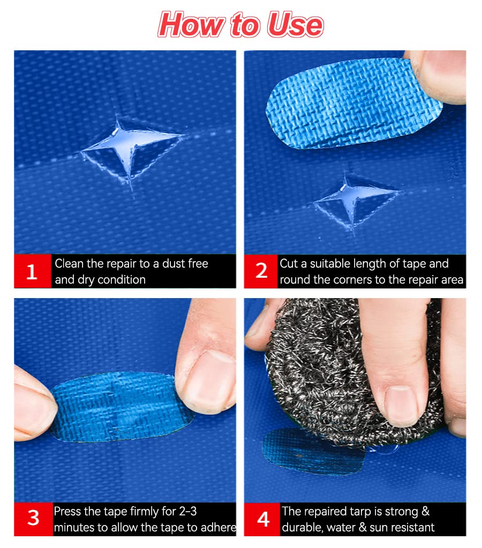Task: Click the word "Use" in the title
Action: pyautogui.click(x=295, y=25)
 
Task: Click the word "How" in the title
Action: pyautogui.click(x=191, y=24)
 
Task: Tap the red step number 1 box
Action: pyautogui.click(x=32, y=271)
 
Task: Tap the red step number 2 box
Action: pyautogui.click(x=261, y=271)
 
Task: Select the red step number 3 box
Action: pyautogui.click(x=33, y=519)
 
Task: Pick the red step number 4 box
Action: pyautogui.click(x=262, y=519)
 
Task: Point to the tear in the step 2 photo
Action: pyautogui.click(x=354, y=203)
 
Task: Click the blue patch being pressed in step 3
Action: pyautogui.click(x=123, y=407)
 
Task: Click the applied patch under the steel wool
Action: pyautogui.click(x=311, y=453)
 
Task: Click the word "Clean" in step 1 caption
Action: pyautogui.click(x=69, y=263)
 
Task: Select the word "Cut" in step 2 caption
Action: pyautogui.click(x=289, y=263)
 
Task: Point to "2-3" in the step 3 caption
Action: pyautogui.click(x=188, y=512)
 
